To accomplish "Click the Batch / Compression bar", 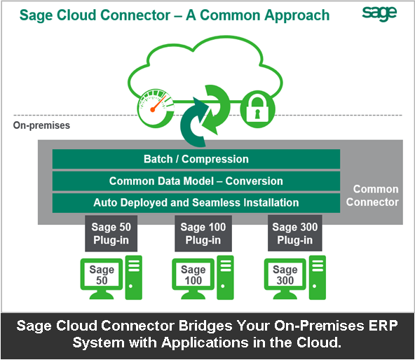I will click(x=196, y=159).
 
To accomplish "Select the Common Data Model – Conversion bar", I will click(x=196, y=181).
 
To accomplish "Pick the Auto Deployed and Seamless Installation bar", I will click(x=196, y=202).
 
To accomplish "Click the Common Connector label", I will click(x=375, y=195).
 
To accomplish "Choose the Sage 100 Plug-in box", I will click(x=203, y=233).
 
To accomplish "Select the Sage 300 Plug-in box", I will click(x=294, y=233).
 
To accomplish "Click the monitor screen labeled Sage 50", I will click(x=100, y=275).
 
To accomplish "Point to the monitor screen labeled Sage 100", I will click(x=193, y=275).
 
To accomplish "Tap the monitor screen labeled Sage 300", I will click(x=285, y=275).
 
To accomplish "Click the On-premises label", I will click(x=41, y=126).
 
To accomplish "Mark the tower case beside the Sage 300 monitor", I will click(x=317, y=277).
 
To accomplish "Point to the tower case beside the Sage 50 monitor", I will click(x=133, y=277).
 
